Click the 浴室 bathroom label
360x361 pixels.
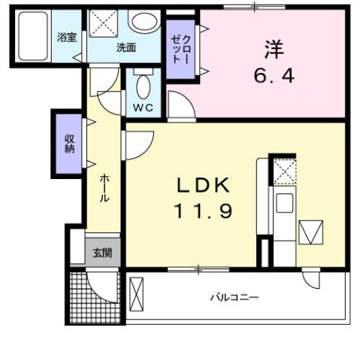click(68, 37)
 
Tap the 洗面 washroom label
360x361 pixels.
click(126, 47)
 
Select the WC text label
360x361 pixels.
click(144, 108)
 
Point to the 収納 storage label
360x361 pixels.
click(69, 142)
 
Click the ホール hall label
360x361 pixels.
click(104, 188)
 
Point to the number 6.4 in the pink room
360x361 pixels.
click(272, 75)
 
